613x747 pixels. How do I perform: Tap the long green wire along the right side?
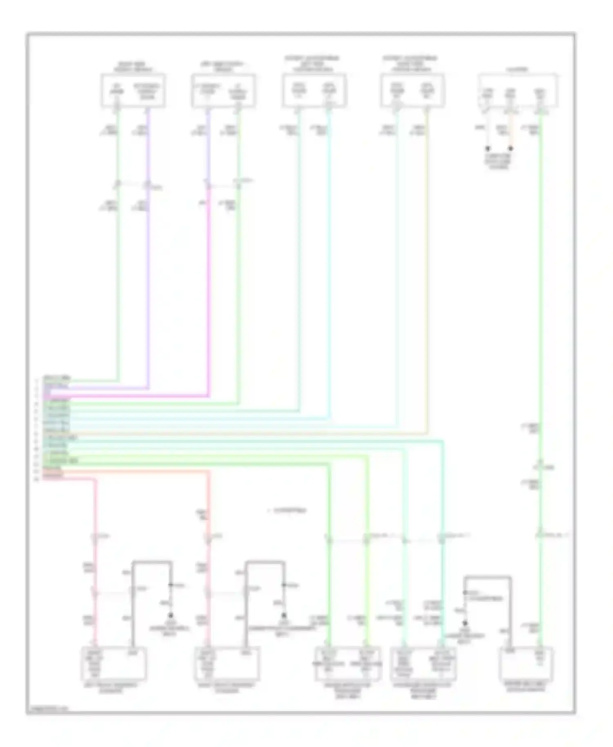(x=540, y=286)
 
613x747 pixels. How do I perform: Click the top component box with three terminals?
(x=518, y=91)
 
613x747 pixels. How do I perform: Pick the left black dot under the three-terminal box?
(x=487, y=149)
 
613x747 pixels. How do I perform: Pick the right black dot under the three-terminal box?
(x=510, y=149)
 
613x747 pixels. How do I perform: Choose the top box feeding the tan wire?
(x=412, y=91)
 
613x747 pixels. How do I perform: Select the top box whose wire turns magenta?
(x=224, y=91)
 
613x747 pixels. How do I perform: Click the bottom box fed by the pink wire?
(x=114, y=663)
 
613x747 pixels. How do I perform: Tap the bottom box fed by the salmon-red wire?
(x=227, y=663)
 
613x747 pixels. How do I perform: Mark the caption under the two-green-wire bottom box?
(x=348, y=690)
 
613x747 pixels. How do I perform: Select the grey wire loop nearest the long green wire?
(x=487, y=577)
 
